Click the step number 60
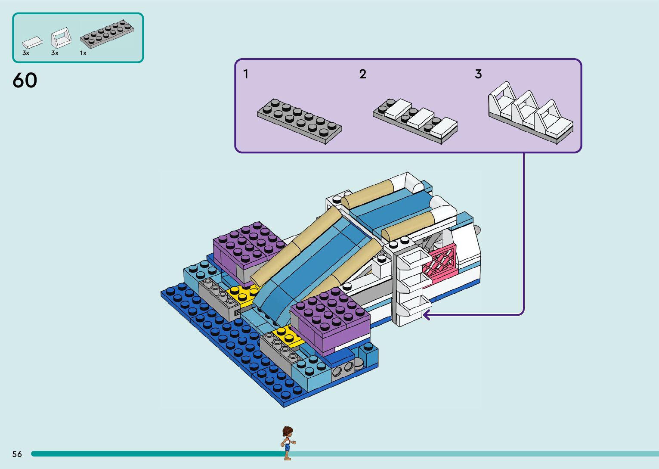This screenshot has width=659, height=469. pyautogui.click(x=25, y=81)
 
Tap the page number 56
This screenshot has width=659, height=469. pyautogui.click(x=17, y=454)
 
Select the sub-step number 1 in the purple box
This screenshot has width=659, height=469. pyautogui.click(x=246, y=74)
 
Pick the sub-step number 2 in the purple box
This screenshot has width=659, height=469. pyautogui.click(x=363, y=74)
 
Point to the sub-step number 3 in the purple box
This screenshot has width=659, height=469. pyautogui.click(x=478, y=74)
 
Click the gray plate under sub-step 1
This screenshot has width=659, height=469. pyautogui.click(x=300, y=121)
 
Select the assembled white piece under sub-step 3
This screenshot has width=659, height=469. pyautogui.click(x=531, y=113)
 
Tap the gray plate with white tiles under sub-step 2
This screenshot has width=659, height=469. pyautogui.click(x=415, y=120)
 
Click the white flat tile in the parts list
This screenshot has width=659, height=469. pyautogui.click(x=32, y=42)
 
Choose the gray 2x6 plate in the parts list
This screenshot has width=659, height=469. pyautogui.click(x=107, y=33)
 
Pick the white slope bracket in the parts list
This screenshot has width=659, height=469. pyautogui.click(x=61, y=38)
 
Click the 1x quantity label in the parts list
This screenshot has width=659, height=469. pyautogui.click(x=83, y=53)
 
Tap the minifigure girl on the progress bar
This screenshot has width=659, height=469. pyautogui.click(x=288, y=443)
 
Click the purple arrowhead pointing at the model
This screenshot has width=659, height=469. pyautogui.click(x=426, y=315)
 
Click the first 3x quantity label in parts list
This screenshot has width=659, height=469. pyautogui.click(x=26, y=53)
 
